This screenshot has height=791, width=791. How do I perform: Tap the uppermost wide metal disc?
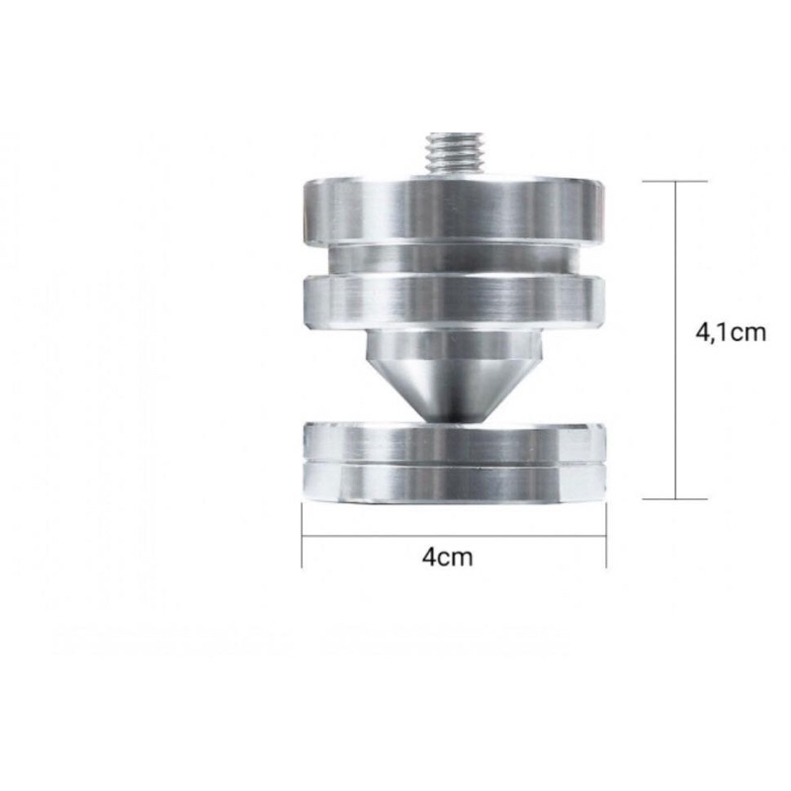pyautogui.click(x=453, y=210)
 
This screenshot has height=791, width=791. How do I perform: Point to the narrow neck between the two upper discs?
pyautogui.click(x=453, y=259)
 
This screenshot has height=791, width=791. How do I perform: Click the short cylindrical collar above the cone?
pyautogui.click(x=453, y=348)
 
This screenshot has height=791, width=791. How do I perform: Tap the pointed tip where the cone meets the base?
pyautogui.click(x=453, y=417)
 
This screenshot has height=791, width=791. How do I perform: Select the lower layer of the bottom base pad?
pyautogui.click(x=453, y=482)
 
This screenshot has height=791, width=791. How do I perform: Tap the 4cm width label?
pyautogui.click(x=447, y=557)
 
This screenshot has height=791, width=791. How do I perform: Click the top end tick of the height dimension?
pyautogui.click(x=676, y=182)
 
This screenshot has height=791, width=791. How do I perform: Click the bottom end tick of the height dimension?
pyautogui.click(x=676, y=499)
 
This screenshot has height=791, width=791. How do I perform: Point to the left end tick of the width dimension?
pyautogui.click(x=302, y=539)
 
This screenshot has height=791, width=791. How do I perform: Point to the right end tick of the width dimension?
pyautogui.click(x=605, y=539)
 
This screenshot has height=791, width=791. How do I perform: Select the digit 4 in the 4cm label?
pyautogui.click(x=428, y=557)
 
